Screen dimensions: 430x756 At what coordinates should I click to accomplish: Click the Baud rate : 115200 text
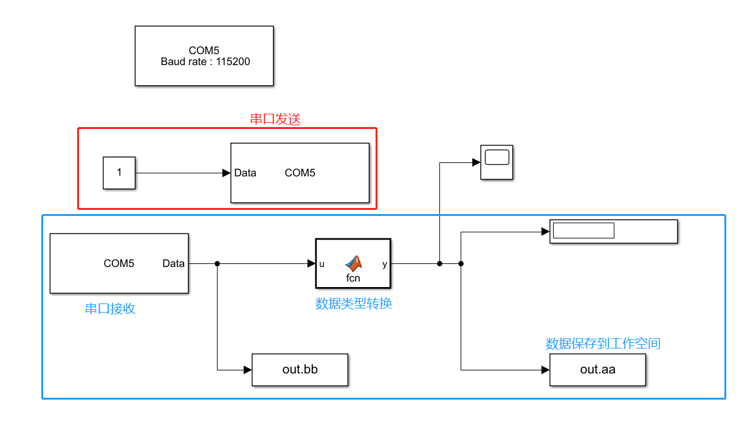pos(205,61)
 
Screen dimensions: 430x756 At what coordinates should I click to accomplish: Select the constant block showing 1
pos(119,172)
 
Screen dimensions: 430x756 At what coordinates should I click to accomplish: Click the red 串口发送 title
pos(275,119)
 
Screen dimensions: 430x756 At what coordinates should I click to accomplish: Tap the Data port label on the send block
pos(246,173)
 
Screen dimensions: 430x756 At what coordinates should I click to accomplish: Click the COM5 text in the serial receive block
pos(119,263)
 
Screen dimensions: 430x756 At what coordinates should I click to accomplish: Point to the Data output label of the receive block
pos(173,263)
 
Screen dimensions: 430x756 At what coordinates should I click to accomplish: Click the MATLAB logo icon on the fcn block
pos(353,263)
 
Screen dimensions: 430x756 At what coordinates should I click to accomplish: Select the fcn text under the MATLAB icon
pos(353,278)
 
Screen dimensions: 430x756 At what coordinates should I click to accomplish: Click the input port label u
pos(322,264)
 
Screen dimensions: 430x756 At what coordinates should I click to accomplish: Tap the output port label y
pos(385,264)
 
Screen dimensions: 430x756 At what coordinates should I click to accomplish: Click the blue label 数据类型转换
pos(353,303)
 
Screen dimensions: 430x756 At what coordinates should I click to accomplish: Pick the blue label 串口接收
pos(110,309)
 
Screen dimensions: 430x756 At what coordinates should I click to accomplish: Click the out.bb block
pos(300,369)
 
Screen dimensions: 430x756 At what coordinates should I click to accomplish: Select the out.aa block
pos(597,369)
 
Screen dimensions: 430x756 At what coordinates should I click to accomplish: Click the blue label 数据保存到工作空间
pos(603,344)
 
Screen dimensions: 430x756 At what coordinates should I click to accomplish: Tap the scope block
pos(497,162)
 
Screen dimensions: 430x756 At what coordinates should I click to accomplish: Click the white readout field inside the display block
pos(583,231)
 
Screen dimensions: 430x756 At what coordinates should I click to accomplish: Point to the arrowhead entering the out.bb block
pos(247,369)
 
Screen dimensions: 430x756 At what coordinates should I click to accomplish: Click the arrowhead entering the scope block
pos(476,162)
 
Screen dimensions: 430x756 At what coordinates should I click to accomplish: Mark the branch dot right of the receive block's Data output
pos(217,263)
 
